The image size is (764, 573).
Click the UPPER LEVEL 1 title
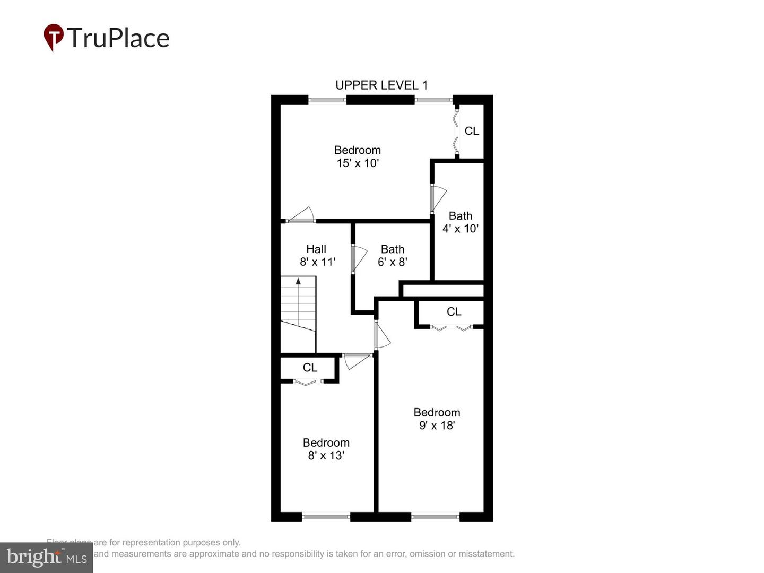click(381, 85)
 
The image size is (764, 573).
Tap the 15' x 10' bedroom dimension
click(358, 163)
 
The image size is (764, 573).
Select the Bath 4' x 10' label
click(461, 222)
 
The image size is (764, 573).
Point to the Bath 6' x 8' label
click(392, 255)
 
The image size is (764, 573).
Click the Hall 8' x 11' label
click(317, 255)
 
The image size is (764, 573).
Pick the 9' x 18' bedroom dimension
click(437, 426)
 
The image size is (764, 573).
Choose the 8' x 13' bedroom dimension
click(326, 456)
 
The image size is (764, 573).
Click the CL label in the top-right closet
click(472, 131)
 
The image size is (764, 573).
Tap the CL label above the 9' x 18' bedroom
click(454, 312)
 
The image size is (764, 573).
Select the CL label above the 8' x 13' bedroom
click(310, 368)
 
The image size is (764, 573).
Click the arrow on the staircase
click(298, 281)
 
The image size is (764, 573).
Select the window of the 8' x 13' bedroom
click(326, 516)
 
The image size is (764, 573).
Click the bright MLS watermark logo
click(47, 557)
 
